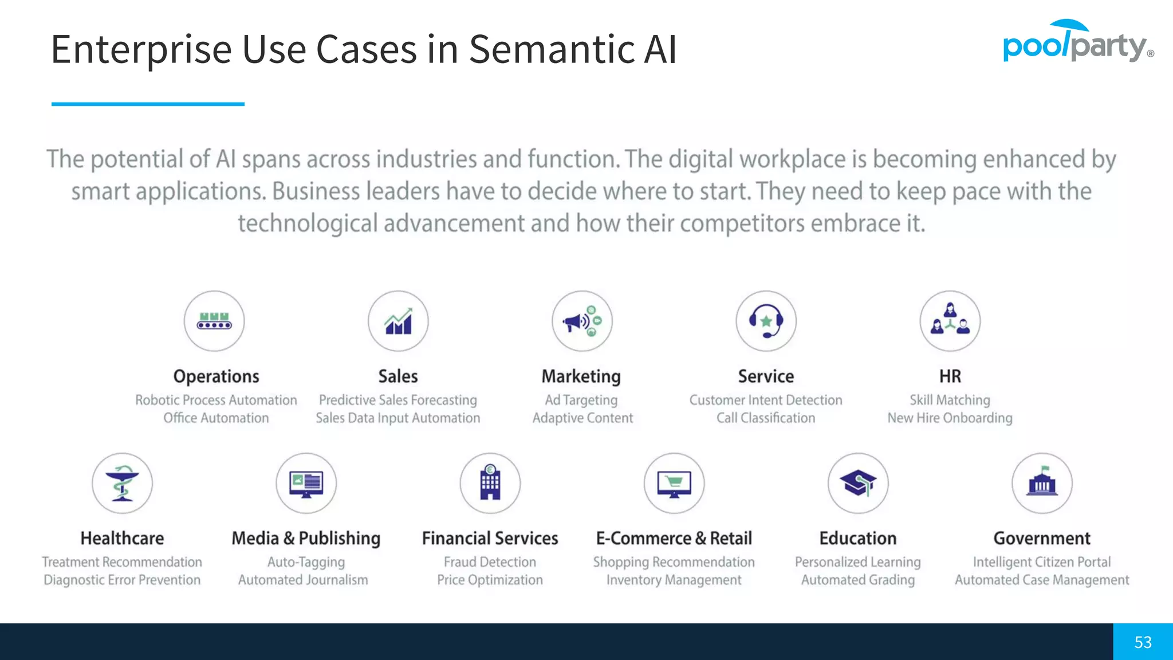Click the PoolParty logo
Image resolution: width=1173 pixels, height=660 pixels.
click(1077, 42)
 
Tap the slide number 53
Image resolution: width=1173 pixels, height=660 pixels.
click(1143, 642)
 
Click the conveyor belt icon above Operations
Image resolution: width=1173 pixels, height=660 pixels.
click(214, 321)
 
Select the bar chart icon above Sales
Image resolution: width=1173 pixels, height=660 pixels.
click(398, 321)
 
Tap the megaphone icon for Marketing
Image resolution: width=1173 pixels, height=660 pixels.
click(582, 321)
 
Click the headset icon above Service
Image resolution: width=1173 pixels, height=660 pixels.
click(766, 321)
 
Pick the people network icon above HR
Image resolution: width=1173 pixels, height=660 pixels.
click(950, 321)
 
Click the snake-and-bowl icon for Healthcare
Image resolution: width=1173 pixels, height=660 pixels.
click(122, 483)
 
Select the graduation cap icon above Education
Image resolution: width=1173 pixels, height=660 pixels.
click(858, 483)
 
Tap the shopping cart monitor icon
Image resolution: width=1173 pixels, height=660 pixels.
click(674, 483)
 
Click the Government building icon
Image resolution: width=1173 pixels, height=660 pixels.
click(1042, 483)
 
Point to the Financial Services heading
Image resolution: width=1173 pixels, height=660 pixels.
click(490, 539)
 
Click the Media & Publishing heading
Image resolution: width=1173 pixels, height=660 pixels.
click(306, 539)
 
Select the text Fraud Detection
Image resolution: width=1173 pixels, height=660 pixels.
click(490, 562)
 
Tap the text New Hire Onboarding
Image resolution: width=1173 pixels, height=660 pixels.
click(950, 418)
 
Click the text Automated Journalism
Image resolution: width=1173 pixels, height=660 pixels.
click(303, 580)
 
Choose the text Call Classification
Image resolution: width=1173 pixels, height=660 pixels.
click(766, 418)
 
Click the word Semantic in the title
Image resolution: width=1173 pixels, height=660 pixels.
click(552, 49)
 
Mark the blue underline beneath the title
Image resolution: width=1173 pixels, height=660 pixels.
click(148, 104)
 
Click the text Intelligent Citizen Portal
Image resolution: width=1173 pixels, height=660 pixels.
click(1042, 562)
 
